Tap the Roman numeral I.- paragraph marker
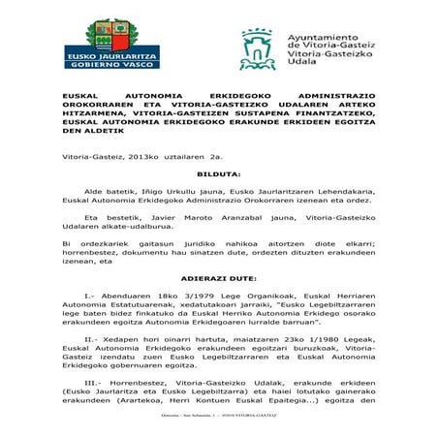tap(90, 295)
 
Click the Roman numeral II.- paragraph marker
tap(89, 339)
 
